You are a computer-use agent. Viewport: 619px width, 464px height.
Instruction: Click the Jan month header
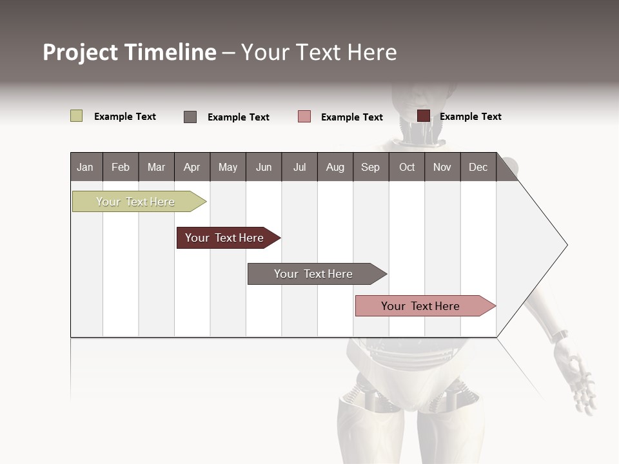pos(86,167)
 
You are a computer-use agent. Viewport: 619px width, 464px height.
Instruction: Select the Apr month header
pos(192,167)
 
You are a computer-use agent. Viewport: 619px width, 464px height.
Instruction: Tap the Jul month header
pos(299,167)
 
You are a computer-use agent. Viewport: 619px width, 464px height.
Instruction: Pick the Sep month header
pos(370,167)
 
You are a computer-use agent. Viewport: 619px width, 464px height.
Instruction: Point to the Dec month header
pos(478,167)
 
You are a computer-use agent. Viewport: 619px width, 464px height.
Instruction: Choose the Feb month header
pos(121,167)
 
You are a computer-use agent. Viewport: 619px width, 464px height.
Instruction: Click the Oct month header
pos(407,167)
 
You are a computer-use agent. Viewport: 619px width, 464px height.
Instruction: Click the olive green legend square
pos(77,116)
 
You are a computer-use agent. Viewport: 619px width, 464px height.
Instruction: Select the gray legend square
pos(190,117)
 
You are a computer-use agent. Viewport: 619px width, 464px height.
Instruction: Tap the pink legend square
pos(304,117)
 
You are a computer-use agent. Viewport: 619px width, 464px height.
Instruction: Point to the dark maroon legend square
pos(424,116)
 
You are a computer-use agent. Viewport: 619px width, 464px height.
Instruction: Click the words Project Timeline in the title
pos(130,52)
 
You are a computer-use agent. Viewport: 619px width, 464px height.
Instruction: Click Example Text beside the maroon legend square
pos(471,117)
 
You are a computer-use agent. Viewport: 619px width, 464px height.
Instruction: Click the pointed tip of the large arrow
pos(565,245)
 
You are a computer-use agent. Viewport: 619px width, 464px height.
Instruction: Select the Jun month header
pos(264,167)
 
